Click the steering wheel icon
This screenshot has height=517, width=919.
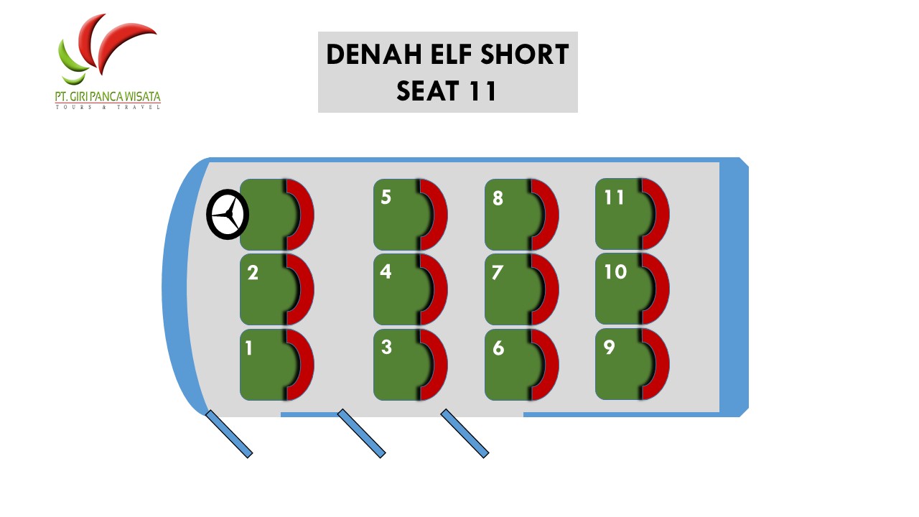coord(228,214)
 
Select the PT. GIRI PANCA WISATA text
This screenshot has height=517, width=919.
coord(108,96)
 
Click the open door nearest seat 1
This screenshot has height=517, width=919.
coord(229,434)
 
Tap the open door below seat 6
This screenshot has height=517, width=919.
coord(465,434)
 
